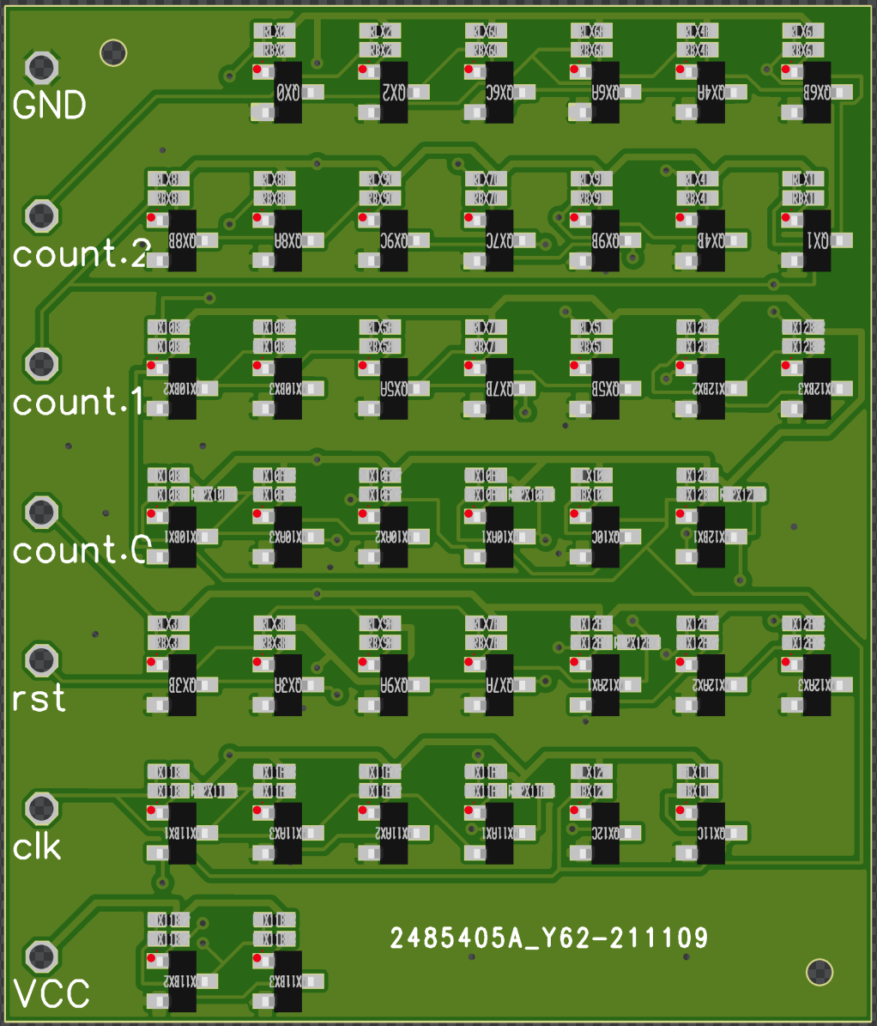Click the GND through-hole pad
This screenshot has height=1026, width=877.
click(41, 67)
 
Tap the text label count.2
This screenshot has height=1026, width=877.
click(82, 253)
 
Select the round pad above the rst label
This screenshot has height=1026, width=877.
click(41, 660)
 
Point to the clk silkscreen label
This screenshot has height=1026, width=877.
click(38, 847)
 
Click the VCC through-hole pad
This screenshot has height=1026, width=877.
click(41, 956)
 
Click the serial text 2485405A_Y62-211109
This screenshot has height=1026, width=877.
click(549, 938)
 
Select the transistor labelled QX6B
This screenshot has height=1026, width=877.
click(817, 92)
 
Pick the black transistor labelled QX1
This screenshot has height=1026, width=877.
click(817, 240)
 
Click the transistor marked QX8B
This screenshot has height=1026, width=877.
click(183, 240)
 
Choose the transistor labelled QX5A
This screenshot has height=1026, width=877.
click(394, 388)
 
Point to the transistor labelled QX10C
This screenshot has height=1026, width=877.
click(606, 537)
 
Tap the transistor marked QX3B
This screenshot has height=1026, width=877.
click(183, 685)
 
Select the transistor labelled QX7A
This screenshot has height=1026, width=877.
click(499, 685)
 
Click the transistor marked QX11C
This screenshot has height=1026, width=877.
click(711, 833)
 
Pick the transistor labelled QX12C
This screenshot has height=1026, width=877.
click(606, 833)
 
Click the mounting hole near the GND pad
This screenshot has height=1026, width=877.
click(114, 53)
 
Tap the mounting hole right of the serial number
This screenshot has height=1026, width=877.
click(820, 972)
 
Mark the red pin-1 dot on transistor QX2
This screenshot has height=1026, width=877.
click(363, 70)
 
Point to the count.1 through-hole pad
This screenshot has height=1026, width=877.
click(41, 364)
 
